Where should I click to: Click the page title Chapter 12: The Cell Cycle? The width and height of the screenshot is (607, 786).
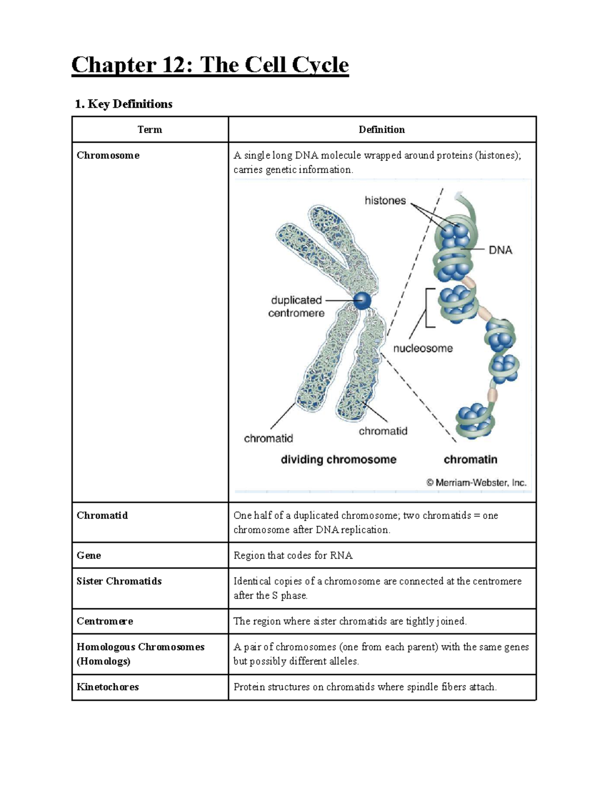coord(210,65)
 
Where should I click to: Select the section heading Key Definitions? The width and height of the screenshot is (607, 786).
coord(123,104)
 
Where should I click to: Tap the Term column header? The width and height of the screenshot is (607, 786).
coord(150,130)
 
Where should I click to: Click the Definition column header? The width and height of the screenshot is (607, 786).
coord(381,130)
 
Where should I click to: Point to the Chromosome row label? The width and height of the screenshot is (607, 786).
coord(108,155)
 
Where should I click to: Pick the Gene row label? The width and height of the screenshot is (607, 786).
coord(89,555)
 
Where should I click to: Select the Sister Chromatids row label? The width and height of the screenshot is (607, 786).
coord(119,581)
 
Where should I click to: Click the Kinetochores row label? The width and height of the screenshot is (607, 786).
coord(107,687)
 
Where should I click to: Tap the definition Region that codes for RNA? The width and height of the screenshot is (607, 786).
coord(293,555)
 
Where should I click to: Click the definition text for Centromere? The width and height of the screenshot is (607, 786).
coord(350,621)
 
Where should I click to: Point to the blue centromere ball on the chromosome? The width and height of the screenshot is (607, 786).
coord(362,301)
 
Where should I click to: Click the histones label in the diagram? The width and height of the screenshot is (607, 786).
coord(385,200)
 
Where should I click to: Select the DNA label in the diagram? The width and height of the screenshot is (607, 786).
coord(500,250)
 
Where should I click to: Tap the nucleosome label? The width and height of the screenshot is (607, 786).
coord(423,348)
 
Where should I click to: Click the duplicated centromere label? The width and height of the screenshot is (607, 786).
coord(296,307)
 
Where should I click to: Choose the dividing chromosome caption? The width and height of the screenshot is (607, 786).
coord(338,460)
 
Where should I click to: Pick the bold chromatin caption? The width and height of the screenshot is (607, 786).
coord(470,460)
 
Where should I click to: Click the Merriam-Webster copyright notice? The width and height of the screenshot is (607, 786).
coord(475,482)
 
